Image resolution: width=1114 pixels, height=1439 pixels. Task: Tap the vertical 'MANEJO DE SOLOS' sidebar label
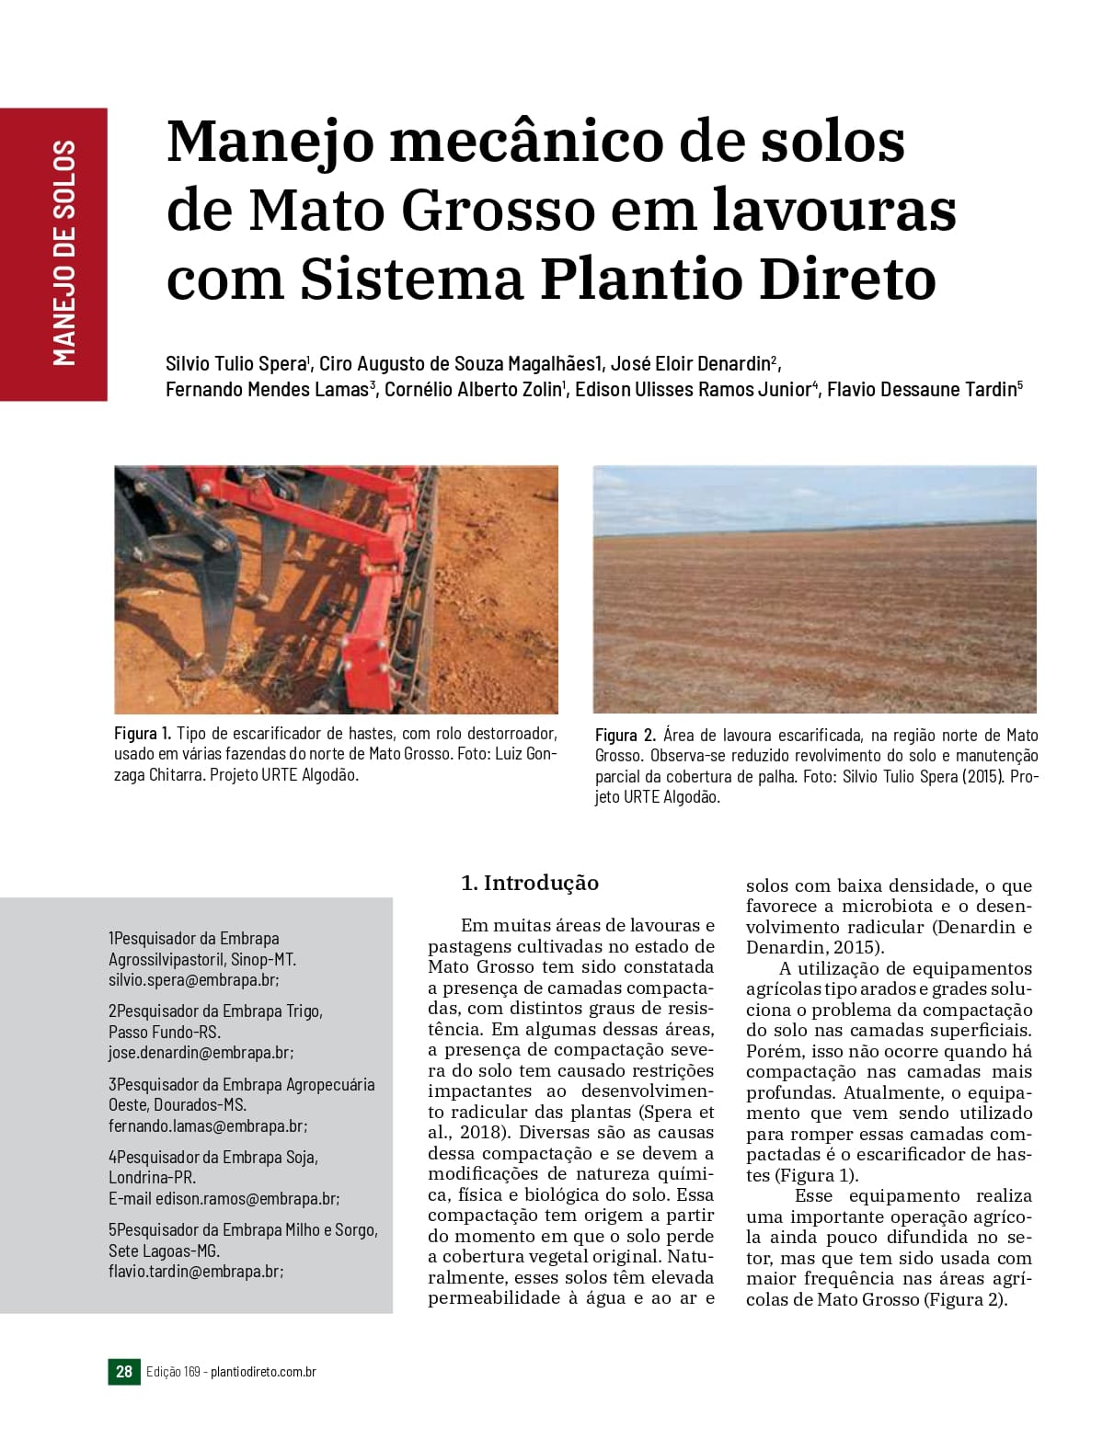coord(63,254)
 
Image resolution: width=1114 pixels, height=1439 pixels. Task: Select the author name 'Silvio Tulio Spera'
coord(235,361)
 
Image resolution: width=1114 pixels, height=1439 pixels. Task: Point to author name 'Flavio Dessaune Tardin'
coord(921,389)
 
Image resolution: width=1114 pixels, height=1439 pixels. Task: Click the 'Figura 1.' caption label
coord(143,734)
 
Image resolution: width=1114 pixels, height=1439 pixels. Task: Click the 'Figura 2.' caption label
coord(625,736)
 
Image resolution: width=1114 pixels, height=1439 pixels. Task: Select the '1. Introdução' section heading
coord(529,884)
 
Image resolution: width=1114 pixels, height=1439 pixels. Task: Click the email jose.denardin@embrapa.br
coord(200,1053)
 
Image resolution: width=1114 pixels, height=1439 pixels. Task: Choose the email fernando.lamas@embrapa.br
coord(206,1125)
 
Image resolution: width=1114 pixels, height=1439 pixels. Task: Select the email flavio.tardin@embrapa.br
coord(194,1271)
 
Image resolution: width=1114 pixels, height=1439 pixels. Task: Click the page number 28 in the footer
coord(124,1372)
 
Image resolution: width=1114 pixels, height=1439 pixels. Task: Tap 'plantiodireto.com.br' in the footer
coord(264,1372)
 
